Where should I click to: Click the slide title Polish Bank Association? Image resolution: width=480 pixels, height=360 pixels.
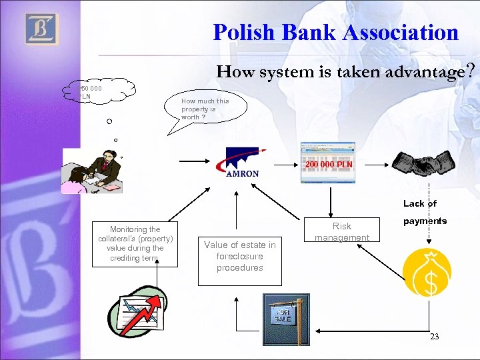pos(335,32)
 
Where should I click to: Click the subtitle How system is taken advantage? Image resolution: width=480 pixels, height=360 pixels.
pos(345,71)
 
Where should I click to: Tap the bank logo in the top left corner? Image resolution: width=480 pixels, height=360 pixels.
pos(41,29)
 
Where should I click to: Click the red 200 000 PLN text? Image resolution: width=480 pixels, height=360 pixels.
pos(329,165)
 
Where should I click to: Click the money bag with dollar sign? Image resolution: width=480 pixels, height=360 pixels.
pos(427,273)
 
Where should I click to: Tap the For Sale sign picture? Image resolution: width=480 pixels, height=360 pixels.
pos(286,313)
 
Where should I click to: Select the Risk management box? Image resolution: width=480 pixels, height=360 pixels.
pos(342,231)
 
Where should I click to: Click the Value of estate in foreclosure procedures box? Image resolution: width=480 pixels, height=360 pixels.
pos(239,256)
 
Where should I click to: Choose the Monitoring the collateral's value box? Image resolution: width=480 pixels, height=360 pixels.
pos(135,243)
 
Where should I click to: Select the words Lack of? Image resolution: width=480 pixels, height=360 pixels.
pos(419,204)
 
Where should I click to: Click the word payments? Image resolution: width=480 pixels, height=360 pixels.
pos(424,221)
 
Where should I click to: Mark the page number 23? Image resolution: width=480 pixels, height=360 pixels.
pos(434,337)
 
